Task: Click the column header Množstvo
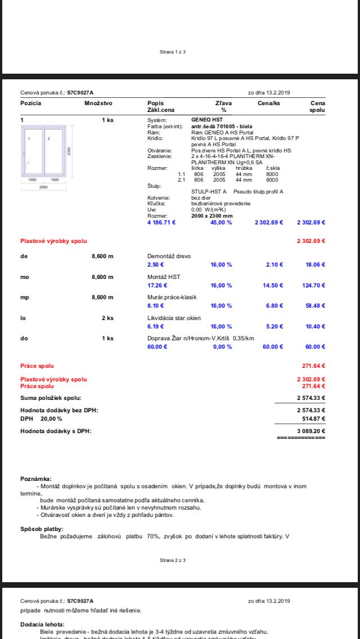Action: [98, 103]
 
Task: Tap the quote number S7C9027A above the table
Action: [80, 93]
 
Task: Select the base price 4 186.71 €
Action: [161, 222]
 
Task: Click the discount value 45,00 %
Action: [221, 222]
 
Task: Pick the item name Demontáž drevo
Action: [169, 256]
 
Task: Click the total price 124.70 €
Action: [314, 285]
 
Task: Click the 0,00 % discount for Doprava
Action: [222, 346]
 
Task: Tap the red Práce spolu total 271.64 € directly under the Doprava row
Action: [314, 366]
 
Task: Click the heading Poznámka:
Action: [36, 479]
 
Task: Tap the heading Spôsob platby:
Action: [42, 529]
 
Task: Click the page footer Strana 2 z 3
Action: [173, 560]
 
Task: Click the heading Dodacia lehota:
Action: [42, 624]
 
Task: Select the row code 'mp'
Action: [25, 297]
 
